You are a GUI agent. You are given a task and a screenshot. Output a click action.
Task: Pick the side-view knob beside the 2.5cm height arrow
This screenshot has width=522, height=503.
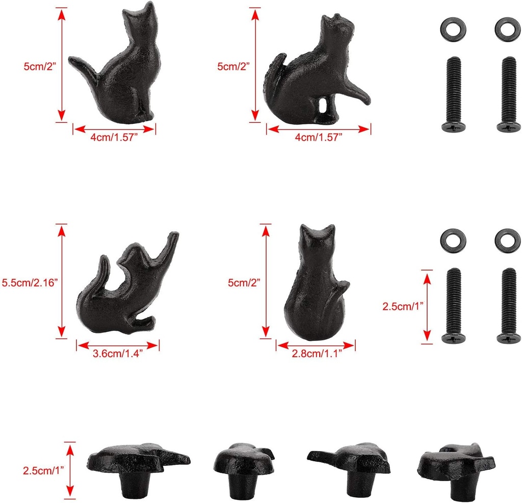pyautogui.click(x=138, y=466)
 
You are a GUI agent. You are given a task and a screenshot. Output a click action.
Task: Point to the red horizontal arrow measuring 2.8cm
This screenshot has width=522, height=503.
pyautogui.click(x=316, y=346)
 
